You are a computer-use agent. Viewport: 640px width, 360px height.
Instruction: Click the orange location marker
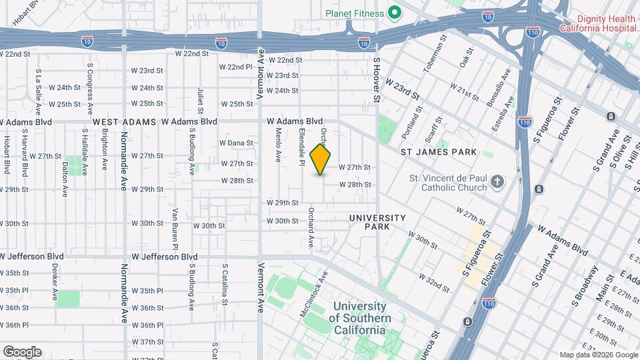pos(321,159)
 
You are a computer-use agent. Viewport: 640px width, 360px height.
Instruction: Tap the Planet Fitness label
pos(354,13)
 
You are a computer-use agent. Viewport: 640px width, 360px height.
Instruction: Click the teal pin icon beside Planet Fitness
pos(395,13)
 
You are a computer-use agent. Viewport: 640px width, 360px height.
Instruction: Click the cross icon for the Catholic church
pos(497,182)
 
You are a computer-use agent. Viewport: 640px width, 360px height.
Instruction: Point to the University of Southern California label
pos(360,319)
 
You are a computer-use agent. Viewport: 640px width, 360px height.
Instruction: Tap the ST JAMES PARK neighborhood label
pos(439,152)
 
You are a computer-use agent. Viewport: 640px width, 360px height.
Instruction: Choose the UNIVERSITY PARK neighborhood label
pos(377,222)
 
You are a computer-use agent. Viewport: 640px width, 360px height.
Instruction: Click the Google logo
pos(22,351)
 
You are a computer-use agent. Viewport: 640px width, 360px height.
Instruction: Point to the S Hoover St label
pos(377,80)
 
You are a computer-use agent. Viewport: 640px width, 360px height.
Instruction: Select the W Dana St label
pos(236,143)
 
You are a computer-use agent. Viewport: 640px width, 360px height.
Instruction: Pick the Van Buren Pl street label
pos(174,229)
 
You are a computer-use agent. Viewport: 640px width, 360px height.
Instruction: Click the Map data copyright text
pos(598,355)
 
